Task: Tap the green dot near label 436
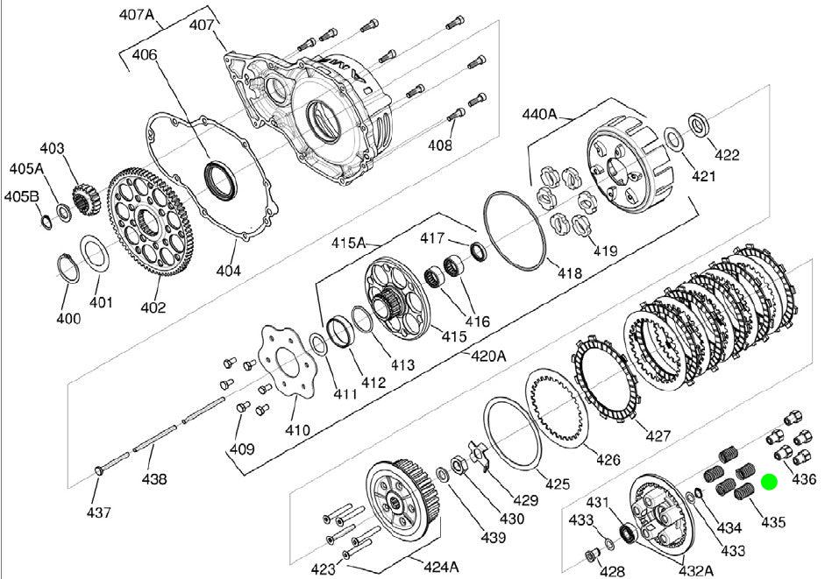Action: [769, 481]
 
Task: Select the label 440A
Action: [540, 113]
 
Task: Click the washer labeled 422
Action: [701, 124]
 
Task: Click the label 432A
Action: [693, 570]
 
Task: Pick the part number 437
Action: [98, 512]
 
